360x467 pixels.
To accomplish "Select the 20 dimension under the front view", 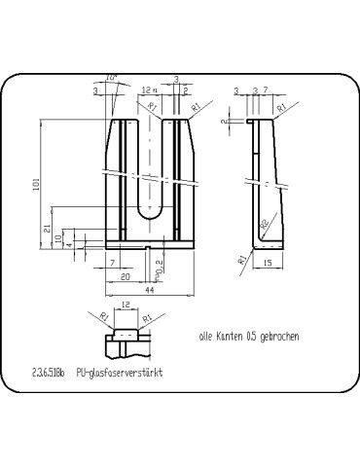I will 126,277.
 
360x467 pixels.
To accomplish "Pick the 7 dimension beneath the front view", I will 113,264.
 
